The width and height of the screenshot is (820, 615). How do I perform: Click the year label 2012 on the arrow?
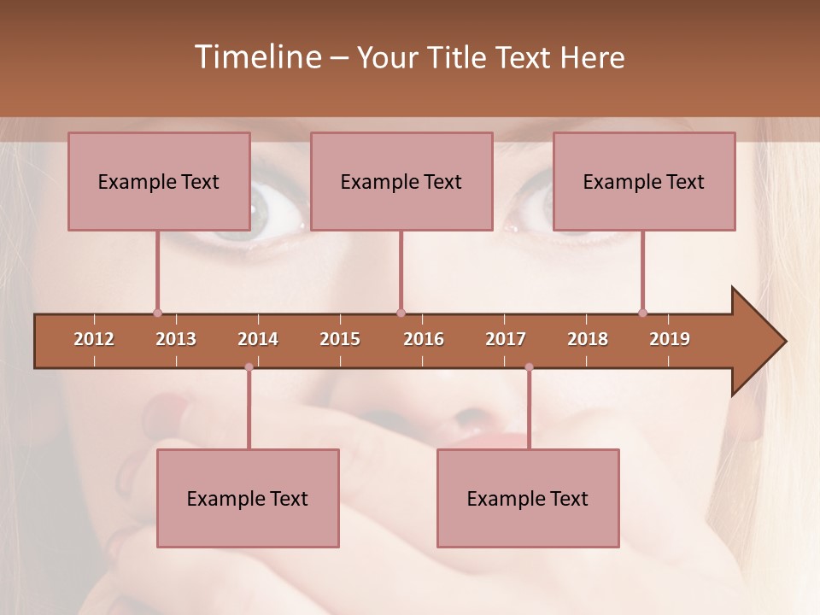click(94, 339)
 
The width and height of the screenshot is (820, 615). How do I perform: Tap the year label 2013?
click(176, 339)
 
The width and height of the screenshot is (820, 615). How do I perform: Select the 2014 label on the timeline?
click(258, 339)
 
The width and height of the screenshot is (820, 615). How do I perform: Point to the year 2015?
click(340, 339)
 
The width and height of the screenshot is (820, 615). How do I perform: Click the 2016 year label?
click(424, 339)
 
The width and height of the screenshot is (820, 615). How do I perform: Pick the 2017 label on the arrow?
click(506, 339)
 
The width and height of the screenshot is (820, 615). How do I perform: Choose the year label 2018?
click(588, 339)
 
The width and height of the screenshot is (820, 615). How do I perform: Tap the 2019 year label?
click(670, 339)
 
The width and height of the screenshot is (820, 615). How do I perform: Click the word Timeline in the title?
click(256, 57)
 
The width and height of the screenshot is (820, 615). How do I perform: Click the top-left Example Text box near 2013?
click(159, 181)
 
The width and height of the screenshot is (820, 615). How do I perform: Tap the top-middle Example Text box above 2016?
click(401, 181)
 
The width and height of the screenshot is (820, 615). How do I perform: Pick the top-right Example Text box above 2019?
click(644, 181)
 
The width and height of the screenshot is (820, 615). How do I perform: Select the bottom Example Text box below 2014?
click(248, 498)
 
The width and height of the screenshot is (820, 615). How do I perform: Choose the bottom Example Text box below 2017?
click(528, 498)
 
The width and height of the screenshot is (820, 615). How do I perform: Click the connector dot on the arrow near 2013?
click(157, 313)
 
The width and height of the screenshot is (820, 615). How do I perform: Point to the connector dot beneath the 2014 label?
click(249, 367)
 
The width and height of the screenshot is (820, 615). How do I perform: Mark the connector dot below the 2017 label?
click(529, 367)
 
